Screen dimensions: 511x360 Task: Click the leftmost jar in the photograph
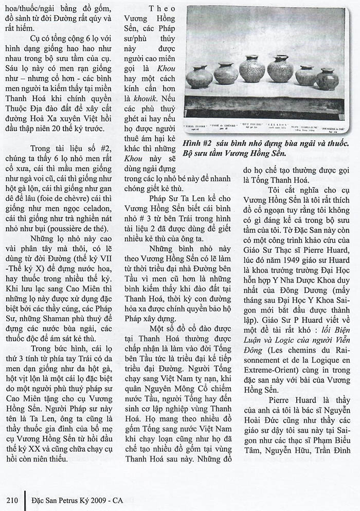click(x=199, y=77)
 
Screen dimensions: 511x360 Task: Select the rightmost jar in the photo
click(x=327, y=79)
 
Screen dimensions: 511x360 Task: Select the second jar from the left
click(x=226, y=74)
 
